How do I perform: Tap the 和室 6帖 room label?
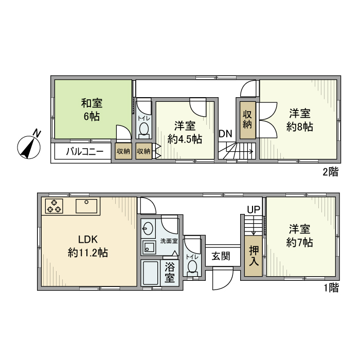(91, 109)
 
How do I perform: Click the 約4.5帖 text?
(185, 139)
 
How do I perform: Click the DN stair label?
(225, 134)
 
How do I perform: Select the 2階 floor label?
(330, 172)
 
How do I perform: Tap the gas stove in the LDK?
(54, 206)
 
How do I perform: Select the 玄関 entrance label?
(221, 257)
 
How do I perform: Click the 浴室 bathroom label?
(169, 272)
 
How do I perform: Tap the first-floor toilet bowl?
(192, 265)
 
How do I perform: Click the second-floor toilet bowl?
(143, 129)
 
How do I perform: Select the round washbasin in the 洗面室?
(149, 228)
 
